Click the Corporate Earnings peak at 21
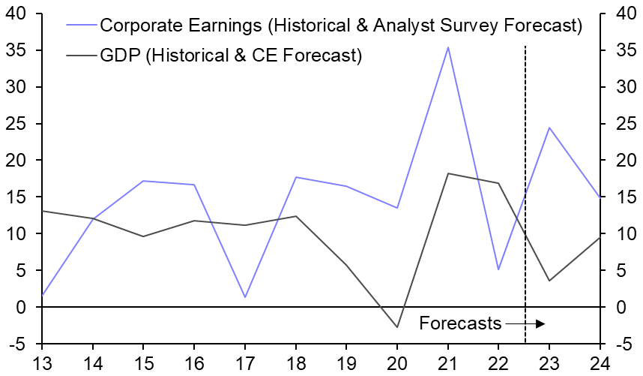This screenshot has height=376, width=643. pos(448,47)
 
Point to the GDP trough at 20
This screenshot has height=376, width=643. pos(397,327)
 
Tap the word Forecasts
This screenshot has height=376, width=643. pos(460,323)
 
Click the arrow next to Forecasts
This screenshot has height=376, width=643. pos(525,323)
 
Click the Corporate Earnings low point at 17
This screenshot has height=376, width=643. pos(245,297)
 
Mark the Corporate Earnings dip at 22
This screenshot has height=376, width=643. pos(498,269)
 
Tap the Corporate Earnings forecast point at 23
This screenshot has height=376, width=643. pos(549,128)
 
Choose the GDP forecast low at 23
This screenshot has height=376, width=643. pos(549,281)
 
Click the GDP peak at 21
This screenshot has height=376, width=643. pos(448,173)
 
